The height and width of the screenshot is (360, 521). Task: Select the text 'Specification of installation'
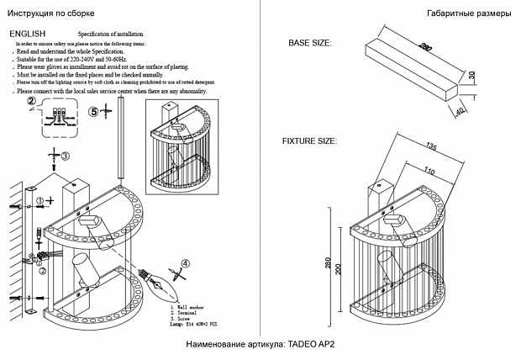pyautogui.click(x=113, y=34)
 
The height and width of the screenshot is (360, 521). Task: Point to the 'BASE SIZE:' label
pyautogui.click(x=309, y=42)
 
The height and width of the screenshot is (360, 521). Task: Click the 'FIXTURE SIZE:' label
pyautogui.click(x=308, y=141)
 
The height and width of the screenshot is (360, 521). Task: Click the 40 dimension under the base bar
pyautogui.click(x=460, y=109)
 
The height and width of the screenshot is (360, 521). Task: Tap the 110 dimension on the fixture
pyautogui.click(x=429, y=171)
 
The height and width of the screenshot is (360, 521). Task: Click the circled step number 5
pyautogui.click(x=94, y=111)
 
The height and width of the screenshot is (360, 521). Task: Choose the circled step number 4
pyautogui.click(x=186, y=263)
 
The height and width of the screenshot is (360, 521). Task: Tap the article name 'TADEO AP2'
pyautogui.click(x=311, y=345)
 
